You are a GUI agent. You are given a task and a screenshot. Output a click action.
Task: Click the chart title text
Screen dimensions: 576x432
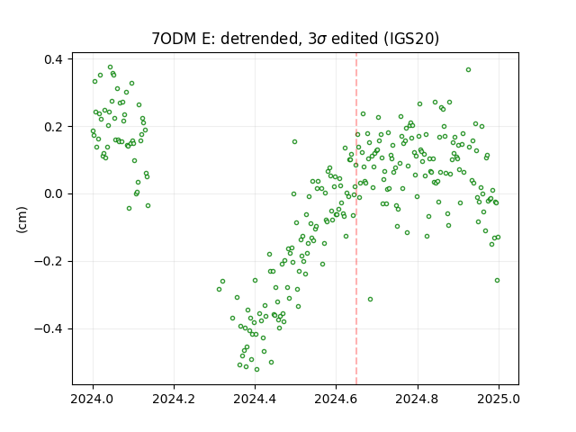pos(295,38)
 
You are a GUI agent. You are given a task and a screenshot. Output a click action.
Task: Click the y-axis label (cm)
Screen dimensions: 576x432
pos(22,220)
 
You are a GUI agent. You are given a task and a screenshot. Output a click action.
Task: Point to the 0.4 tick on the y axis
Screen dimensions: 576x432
pos(53,59)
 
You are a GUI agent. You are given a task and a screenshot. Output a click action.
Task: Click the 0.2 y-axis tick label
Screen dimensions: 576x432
pos(53,126)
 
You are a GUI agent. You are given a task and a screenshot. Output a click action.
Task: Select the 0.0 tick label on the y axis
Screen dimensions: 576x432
pos(53,194)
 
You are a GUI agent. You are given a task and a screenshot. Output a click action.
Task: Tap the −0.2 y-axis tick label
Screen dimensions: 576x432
pos(49,261)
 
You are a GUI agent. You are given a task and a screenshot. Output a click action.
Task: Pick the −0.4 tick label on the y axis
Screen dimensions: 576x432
pos(49,328)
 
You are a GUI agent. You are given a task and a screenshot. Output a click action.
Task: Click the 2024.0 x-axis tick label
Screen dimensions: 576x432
pos(93,399)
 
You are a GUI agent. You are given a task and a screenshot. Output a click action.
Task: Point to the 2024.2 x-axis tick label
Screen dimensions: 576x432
pos(174,399)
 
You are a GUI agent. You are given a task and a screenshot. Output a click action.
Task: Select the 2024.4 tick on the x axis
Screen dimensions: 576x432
pos(255,399)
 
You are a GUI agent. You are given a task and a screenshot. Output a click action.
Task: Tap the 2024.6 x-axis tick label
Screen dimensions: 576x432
pos(336,399)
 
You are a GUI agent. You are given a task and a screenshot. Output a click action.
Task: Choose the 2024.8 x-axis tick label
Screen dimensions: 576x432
pos(418,399)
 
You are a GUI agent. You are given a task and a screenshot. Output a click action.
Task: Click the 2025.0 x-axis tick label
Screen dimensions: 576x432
pos(499,399)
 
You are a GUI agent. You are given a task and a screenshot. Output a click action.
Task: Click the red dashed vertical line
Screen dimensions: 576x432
pos(356,219)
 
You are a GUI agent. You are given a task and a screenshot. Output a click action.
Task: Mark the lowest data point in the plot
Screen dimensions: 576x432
pos(256,369)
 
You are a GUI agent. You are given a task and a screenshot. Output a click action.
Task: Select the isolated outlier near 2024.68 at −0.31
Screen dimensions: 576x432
pos(370,300)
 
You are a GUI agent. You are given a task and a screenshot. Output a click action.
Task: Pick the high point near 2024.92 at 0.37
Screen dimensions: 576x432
pos(468,70)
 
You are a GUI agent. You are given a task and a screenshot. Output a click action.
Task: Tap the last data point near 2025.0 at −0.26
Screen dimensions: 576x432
pos(498,280)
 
